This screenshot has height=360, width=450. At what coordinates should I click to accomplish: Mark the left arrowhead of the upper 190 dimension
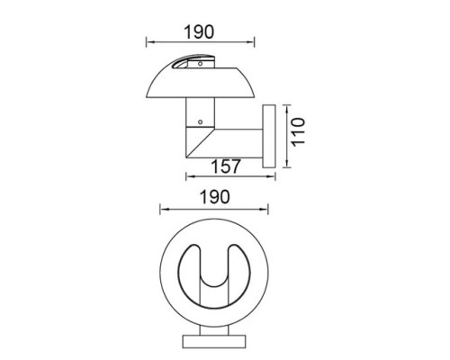(148, 41)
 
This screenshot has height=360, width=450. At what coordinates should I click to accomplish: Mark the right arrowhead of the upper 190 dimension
(255, 41)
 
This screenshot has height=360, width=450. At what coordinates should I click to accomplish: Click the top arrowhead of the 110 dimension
(286, 107)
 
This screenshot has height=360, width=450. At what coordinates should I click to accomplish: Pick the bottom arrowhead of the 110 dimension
(286, 164)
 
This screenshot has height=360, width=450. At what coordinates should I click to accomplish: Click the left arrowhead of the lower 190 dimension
(161, 210)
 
